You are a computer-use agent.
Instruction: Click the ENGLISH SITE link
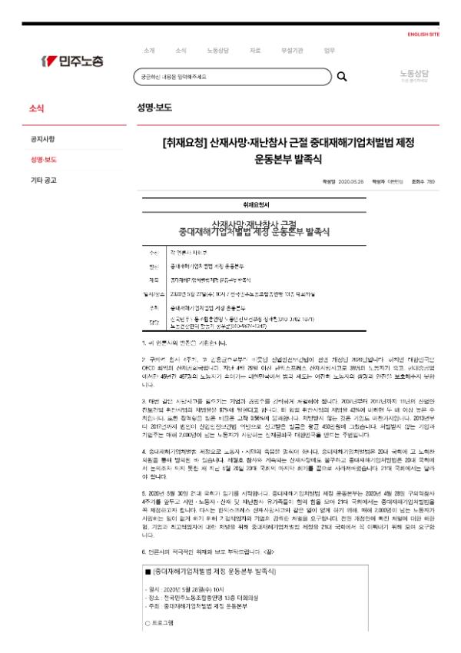point(423,35)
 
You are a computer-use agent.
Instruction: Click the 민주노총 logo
point(73,60)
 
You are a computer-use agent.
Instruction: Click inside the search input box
point(230,77)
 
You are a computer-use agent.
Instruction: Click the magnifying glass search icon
point(342,77)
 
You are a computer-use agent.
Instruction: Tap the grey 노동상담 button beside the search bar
point(414,75)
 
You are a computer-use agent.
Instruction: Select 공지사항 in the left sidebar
point(42,139)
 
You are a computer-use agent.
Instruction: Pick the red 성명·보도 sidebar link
point(43,160)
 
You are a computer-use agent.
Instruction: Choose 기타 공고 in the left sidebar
point(43,181)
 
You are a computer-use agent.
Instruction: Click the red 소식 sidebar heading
point(36,108)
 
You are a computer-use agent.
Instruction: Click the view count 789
point(430,182)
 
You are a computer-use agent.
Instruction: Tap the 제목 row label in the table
point(154,280)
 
